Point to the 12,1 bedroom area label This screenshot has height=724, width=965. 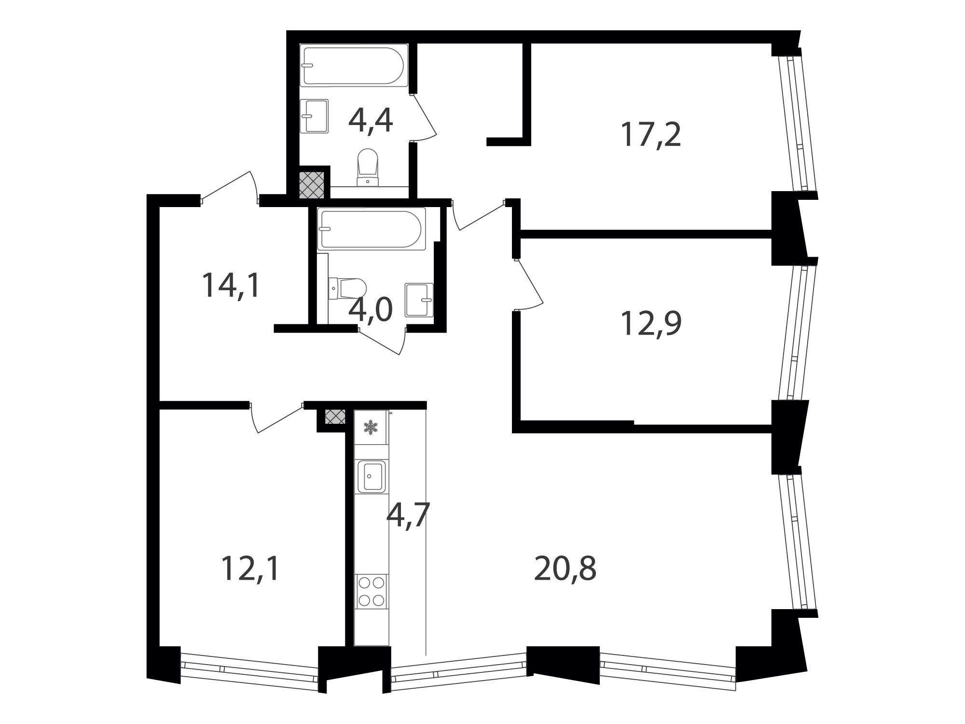point(250,569)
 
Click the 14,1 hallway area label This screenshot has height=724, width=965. point(231,285)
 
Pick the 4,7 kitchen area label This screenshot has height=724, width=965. point(408,516)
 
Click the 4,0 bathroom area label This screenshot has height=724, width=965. point(371,309)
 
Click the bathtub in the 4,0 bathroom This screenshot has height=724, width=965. point(372,229)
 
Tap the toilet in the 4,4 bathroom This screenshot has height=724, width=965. point(368,167)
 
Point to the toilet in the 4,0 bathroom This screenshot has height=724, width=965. point(347,288)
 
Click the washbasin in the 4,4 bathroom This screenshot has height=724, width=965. point(314,116)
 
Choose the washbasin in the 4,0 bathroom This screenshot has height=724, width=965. point(419,300)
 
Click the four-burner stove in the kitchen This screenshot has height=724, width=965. point(372,592)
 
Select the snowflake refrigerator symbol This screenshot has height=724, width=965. point(371,427)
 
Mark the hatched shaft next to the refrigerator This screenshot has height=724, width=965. point(335,417)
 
